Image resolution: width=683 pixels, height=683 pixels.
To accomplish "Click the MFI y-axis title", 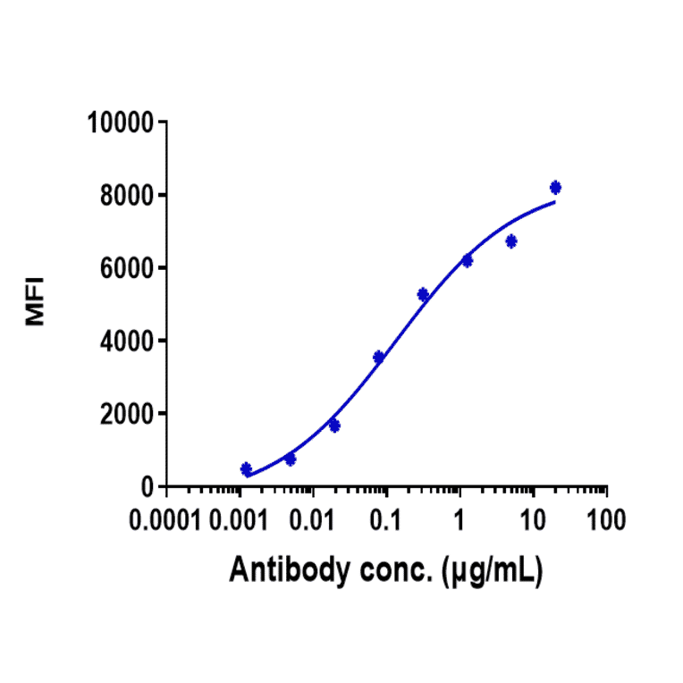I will tap(36, 304).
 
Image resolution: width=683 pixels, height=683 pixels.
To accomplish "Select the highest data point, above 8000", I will tap(555, 188).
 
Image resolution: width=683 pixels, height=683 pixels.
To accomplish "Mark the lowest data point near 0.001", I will tap(246, 469).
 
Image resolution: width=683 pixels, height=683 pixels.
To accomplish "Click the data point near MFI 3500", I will tap(378, 358).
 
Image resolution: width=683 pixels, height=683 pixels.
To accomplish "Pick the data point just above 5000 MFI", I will tap(423, 294).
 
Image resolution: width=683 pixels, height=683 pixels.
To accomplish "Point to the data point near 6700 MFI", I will tap(510, 241).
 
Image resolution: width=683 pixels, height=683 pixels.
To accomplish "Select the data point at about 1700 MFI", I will tap(334, 426).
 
